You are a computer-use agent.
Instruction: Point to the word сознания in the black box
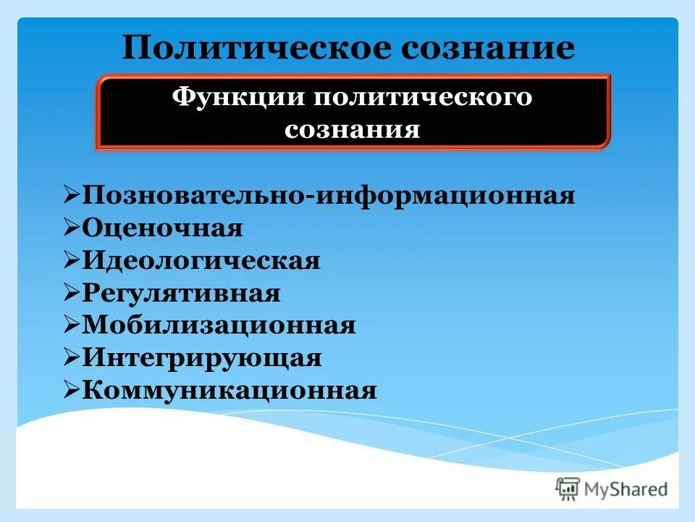click(352, 130)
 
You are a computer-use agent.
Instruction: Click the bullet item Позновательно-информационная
click(329, 196)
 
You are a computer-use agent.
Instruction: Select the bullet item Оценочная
click(163, 228)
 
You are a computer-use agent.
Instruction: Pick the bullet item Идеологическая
click(201, 261)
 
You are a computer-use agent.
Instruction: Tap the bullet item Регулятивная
click(182, 294)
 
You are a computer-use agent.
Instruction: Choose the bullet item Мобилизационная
click(219, 326)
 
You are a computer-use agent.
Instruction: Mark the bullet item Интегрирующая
click(202, 358)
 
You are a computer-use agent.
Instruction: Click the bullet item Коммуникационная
click(229, 391)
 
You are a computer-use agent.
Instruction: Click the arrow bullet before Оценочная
click(72, 228)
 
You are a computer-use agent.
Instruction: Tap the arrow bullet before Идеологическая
click(72, 260)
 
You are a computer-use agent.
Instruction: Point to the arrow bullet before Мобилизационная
click(72, 325)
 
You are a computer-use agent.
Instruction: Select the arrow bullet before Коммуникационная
click(72, 390)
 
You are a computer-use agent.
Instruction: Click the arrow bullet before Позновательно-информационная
click(72, 195)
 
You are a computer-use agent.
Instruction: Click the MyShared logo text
click(627, 489)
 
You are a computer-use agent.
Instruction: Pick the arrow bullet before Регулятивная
click(72, 293)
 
